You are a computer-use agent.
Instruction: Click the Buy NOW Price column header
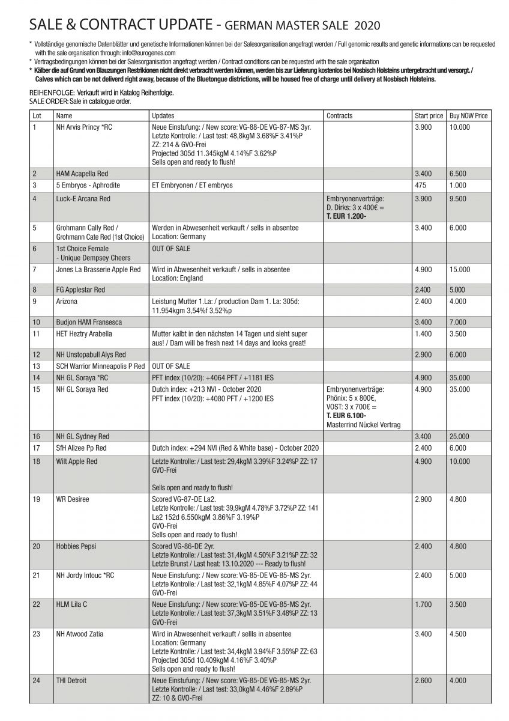click(x=468, y=115)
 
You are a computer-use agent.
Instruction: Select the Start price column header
click(x=429, y=115)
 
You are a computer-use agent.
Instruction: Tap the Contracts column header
click(x=340, y=115)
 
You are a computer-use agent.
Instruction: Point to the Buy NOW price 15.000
click(x=459, y=270)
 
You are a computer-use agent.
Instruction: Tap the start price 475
click(x=420, y=186)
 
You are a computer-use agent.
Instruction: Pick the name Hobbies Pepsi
click(x=76, y=546)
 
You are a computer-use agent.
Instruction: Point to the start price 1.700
click(x=423, y=604)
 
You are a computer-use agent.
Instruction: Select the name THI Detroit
click(x=71, y=680)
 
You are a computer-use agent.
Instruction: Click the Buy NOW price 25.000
click(x=459, y=436)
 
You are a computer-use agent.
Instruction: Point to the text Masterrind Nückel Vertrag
click(x=363, y=424)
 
